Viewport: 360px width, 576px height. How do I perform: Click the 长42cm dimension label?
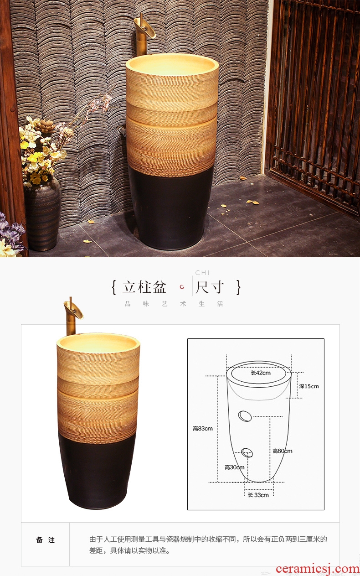(x=261, y=373)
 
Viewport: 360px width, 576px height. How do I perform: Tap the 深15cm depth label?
(x=309, y=386)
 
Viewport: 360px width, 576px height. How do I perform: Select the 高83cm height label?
(x=203, y=428)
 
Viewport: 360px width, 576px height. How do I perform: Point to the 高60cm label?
(x=283, y=451)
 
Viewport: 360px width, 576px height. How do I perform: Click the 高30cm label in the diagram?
(x=234, y=467)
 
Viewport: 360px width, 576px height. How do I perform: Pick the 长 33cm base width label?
(x=258, y=495)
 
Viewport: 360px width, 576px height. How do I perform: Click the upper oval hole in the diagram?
(x=245, y=416)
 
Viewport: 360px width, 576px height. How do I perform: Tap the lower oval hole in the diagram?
(x=247, y=452)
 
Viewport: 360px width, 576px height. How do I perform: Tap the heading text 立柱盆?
(x=144, y=287)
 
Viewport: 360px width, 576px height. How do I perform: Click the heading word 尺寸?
(x=210, y=287)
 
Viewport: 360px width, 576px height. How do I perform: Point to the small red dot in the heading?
(x=182, y=287)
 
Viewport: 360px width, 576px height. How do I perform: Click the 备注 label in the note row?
(x=46, y=540)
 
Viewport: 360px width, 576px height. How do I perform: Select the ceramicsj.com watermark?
(x=318, y=569)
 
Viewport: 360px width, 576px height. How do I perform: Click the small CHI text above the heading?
(x=202, y=273)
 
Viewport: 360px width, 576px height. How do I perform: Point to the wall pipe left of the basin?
(x=122, y=131)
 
